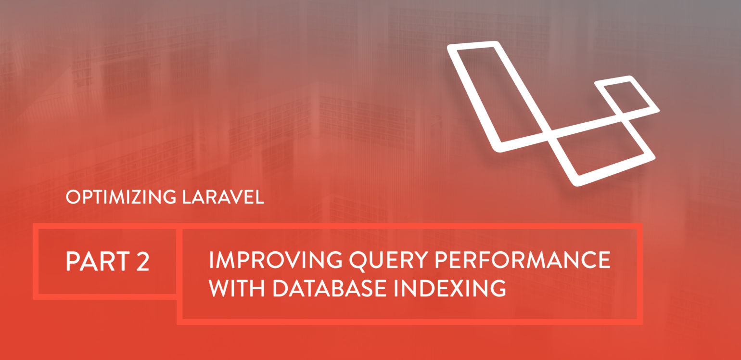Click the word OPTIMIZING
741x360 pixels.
(121, 197)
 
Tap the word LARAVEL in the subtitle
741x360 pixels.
(223, 197)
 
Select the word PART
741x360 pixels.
(98, 261)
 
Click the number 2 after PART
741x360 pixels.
(143, 261)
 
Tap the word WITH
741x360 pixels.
(237, 288)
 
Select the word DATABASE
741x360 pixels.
(330, 288)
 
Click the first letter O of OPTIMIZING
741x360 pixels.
(73, 197)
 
